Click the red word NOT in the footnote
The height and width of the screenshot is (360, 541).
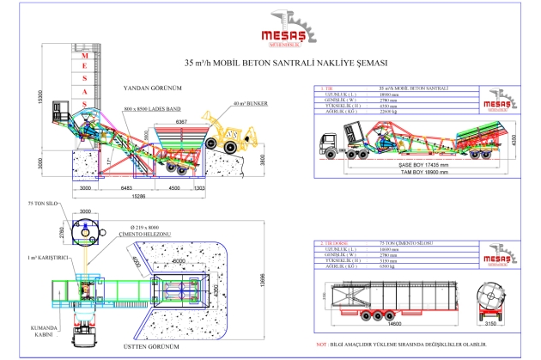point(321,345)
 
